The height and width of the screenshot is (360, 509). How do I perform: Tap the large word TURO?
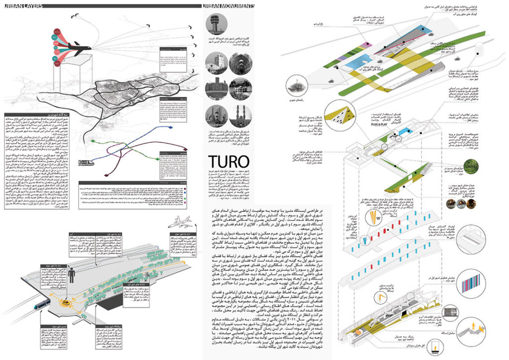tap(228, 162)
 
